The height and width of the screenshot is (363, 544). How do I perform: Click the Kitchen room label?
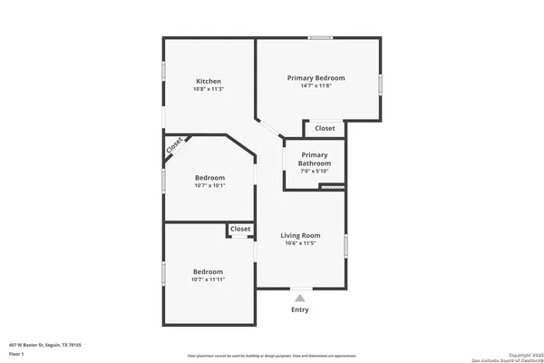(x=209, y=80)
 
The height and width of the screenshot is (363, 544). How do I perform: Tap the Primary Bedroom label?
(x=316, y=78)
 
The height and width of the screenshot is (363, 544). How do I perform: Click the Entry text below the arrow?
(x=299, y=309)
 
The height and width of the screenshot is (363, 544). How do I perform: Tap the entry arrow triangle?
(x=299, y=296)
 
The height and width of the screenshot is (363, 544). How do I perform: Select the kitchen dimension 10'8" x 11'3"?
(x=209, y=89)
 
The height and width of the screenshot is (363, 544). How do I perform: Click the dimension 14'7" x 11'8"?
(x=316, y=87)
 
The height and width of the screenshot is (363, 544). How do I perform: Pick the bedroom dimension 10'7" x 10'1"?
(x=209, y=186)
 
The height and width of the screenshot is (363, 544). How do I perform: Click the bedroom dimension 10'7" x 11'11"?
(x=208, y=280)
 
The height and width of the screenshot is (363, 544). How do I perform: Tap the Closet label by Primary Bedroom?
(x=325, y=129)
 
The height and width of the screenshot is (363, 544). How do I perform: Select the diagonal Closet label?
(x=175, y=144)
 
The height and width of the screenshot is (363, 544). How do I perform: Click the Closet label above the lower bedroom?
(x=240, y=230)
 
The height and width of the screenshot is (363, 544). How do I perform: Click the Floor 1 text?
(x=17, y=354)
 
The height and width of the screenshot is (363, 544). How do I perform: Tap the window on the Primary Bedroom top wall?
(x=320, y=37)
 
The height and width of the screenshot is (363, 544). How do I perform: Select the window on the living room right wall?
(x=345, y=245)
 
